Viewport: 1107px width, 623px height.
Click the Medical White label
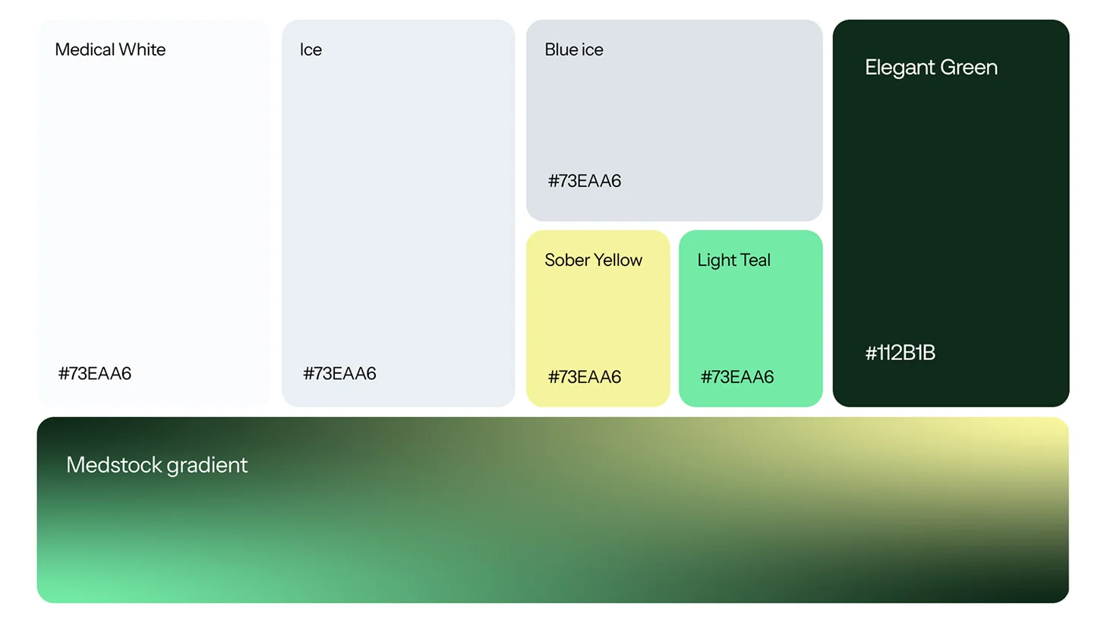click(110, 49)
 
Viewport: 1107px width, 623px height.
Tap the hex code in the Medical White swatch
click(95, 373)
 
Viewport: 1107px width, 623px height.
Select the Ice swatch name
click(311, 49)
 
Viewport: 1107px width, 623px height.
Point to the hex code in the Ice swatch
click(339, 373)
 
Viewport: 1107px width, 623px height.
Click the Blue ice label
click(574, 49)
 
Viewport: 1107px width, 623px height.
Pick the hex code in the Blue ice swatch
click(585, 181)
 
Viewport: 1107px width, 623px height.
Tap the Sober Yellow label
click(594, 260)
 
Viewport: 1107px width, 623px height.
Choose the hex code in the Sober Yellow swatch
click(585, 377)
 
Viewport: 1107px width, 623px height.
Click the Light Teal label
click(734, 261)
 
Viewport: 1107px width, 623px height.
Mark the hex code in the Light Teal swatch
click(737, 377)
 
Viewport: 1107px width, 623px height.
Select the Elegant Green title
click(931, 68)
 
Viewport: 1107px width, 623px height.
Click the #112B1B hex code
click(900, 353)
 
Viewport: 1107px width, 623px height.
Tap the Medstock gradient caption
click(156, 466)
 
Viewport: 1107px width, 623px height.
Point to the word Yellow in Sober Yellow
click(618, 260)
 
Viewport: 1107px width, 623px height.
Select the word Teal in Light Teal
click(752, 260)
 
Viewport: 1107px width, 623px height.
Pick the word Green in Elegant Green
click(969, 68)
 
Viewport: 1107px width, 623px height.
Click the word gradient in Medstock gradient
click(207, 466)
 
